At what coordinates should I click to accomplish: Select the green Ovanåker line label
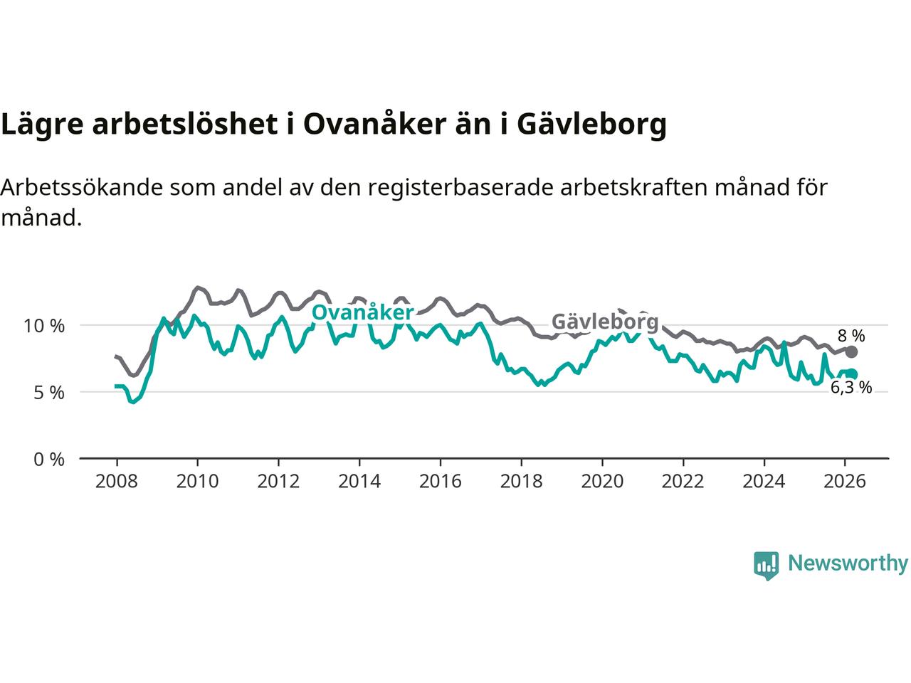point(362,313)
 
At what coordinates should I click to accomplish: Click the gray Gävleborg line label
point(605,322)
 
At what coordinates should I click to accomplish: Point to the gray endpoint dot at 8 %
point(852,351)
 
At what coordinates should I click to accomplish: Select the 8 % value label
point(851,335)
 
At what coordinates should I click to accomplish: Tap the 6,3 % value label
point(851,388)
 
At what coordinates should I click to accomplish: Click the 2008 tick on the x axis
point(116,482)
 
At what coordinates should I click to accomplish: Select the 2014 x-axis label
point(359,482)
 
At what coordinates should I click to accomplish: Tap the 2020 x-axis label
point(601,482)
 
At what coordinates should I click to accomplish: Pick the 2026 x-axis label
point(844,482)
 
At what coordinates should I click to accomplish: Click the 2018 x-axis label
point(521,482)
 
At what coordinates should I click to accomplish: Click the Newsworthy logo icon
point(766,566)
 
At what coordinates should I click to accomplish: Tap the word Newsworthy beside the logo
point(848,563)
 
